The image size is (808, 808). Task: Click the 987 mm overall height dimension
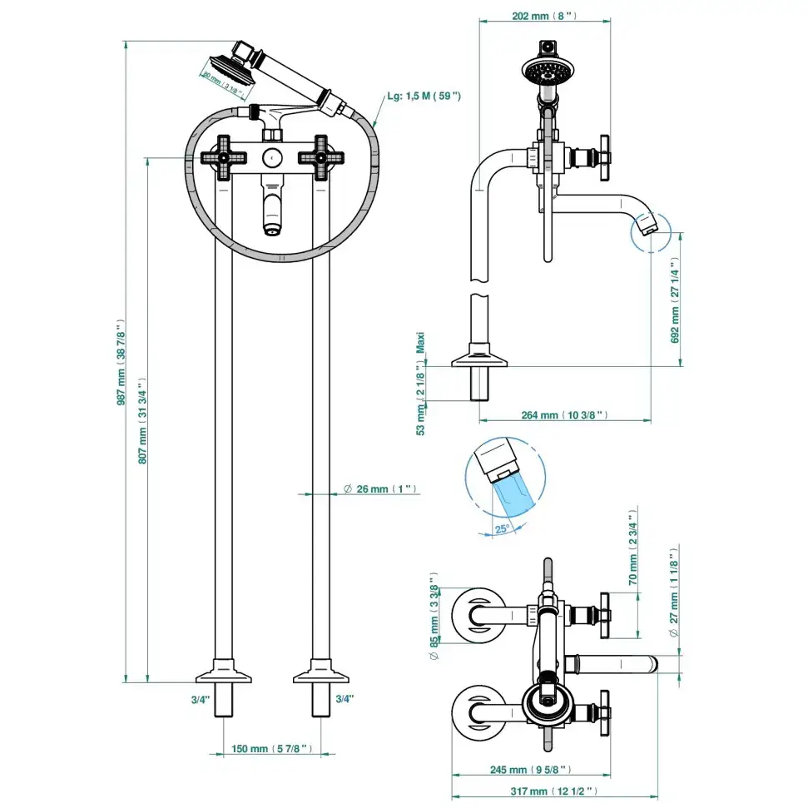(x=121, y=363)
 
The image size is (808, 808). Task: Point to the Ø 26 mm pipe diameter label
(x=379, y=489)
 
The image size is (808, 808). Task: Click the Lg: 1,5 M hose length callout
(x=424, y=97)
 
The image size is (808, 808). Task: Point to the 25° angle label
(x=502, y=528)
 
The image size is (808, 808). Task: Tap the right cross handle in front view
(x=320, y=157)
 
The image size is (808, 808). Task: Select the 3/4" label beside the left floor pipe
(x=200, y=700)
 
